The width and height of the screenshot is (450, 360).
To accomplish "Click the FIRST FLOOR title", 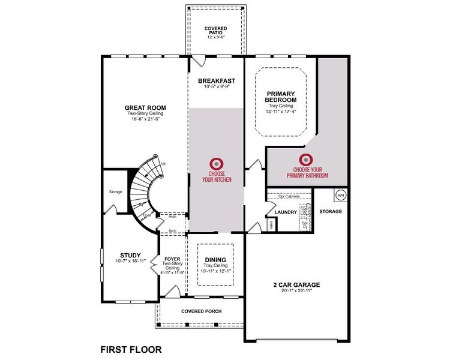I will click(x=130, y=349).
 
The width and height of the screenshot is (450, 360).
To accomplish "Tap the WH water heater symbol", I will click(x=340, y=195).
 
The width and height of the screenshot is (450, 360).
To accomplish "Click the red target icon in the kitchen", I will click(x=216, y=163).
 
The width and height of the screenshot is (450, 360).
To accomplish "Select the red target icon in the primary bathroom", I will click(x=307, y=160).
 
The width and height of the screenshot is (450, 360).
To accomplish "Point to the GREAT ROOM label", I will click(x=145, y=108).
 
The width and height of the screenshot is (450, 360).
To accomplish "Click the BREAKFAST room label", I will click(x=217, y=81).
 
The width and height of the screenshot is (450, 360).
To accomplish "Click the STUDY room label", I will click(x=130, y=254).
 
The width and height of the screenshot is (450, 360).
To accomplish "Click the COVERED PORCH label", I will click(x=201, y=311).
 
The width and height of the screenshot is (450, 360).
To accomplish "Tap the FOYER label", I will click(x=173, y=259).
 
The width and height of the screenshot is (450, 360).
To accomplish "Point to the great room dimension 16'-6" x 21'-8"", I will click(x=145, y=119).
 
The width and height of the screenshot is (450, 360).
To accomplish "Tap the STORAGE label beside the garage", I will click(x=331, y=211).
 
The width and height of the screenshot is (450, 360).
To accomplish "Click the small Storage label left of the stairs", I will click(x=116, y=192).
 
